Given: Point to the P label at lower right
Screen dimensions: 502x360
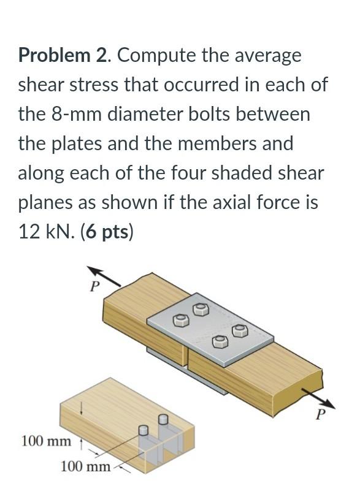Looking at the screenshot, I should pyautogui.click(x=319, y=416).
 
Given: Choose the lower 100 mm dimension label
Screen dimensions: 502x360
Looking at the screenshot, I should pyautogui.click(x=85, y=467).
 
